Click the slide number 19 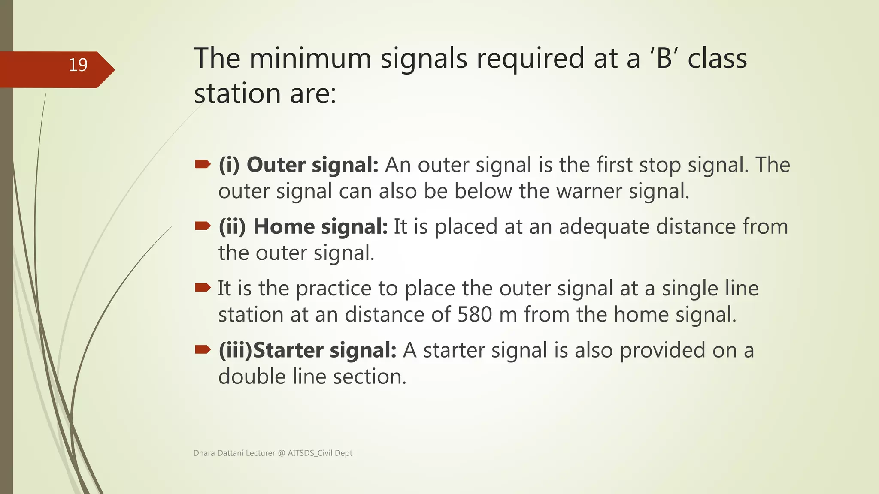coord(78,65)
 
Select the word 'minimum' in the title coord(310,59)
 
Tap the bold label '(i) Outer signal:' coord(298,165)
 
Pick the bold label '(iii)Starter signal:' coord(307,350)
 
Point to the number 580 coord(474,315)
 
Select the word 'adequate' coord(604,227)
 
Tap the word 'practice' coord(333,289)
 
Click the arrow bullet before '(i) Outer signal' coord(203,164)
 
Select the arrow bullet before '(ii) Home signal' coord(203,226)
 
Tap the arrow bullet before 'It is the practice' coord(203,288)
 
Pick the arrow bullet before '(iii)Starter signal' coord(203,349)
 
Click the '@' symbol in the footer coord(281,453)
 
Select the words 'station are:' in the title coord(265,94)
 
